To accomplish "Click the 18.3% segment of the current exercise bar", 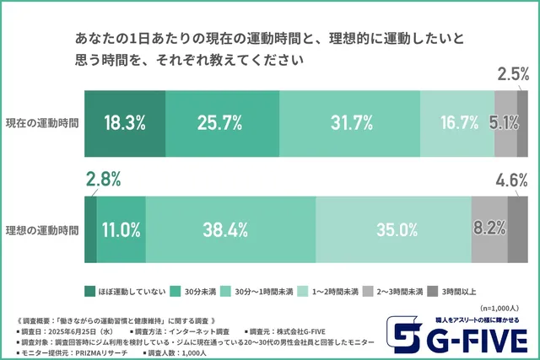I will (x=124, y=122).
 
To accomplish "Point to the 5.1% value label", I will (x=504, y=122).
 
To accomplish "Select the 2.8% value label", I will (x=104, y=179).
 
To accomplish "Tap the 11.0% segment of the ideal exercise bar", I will (x=121, y=228).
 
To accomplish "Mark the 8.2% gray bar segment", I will (x=489, y=228).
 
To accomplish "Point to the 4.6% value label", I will (x=512, y=179).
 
